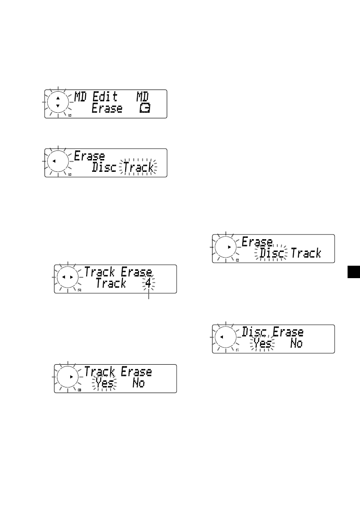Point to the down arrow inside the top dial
coord(58,105)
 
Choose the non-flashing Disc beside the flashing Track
coord(104,167)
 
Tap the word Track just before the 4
coord(111,284)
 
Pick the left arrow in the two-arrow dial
coord(63,278)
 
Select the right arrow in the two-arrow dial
coord(71,278)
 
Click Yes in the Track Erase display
coord(104,383)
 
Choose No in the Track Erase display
coord(138,383)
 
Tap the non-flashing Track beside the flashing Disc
coord(306,253)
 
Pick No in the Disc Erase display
coord(296,343)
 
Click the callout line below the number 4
coord(149,295)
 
